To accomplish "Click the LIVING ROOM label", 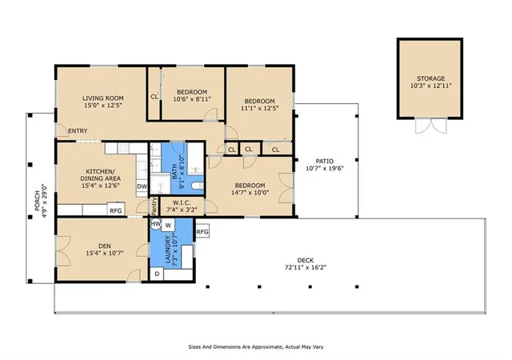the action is click(103, 98).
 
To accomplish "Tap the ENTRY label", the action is click(78, 131).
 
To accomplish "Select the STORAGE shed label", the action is click(430, 78).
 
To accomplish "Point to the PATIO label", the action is click(325, 161).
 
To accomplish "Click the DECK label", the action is click(306, 260).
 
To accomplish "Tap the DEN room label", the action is click(105, 246).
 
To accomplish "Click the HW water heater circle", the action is click(156, 224).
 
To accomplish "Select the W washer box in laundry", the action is click(168, 225).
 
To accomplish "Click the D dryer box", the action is click(157, 274).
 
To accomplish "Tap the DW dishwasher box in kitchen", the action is click(142, 186).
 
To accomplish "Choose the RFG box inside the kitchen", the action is click(115, 210).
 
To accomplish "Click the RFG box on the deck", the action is click(202, 232).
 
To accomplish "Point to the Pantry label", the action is click(154, 206).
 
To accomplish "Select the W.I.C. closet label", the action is click(182, 203).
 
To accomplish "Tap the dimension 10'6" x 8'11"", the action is click(192, 99).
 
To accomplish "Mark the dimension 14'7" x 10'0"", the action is click(250, 193).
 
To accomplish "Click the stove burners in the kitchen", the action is click(123, 148).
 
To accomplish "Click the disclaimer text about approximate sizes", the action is click(256, 346).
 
